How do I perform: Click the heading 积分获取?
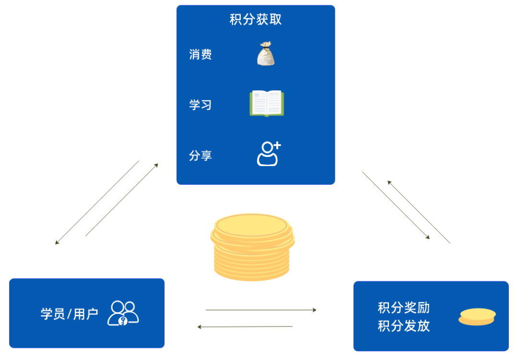pos(256,20)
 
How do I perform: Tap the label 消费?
pos(200,54)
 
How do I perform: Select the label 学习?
pos(200,105)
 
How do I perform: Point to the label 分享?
pos(200,156)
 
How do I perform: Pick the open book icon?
pos(267,104)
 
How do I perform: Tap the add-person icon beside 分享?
pos(268,154)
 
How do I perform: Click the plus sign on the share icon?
pos(277,145)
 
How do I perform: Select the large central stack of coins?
pos(252,247)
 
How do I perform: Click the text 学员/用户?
pos(70,314)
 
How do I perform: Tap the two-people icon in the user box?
pos(123,313)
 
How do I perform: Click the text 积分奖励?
pos(404,308)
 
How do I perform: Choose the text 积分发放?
pos(404,326)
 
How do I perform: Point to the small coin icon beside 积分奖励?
pos(477,317)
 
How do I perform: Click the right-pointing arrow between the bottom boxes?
pos(261,310)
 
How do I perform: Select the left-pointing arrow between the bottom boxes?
pos(245,327)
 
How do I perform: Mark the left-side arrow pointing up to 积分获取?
pos(122,200)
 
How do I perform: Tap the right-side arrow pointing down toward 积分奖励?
pos(396,205)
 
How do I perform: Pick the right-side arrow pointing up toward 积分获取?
pos(419,212)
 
